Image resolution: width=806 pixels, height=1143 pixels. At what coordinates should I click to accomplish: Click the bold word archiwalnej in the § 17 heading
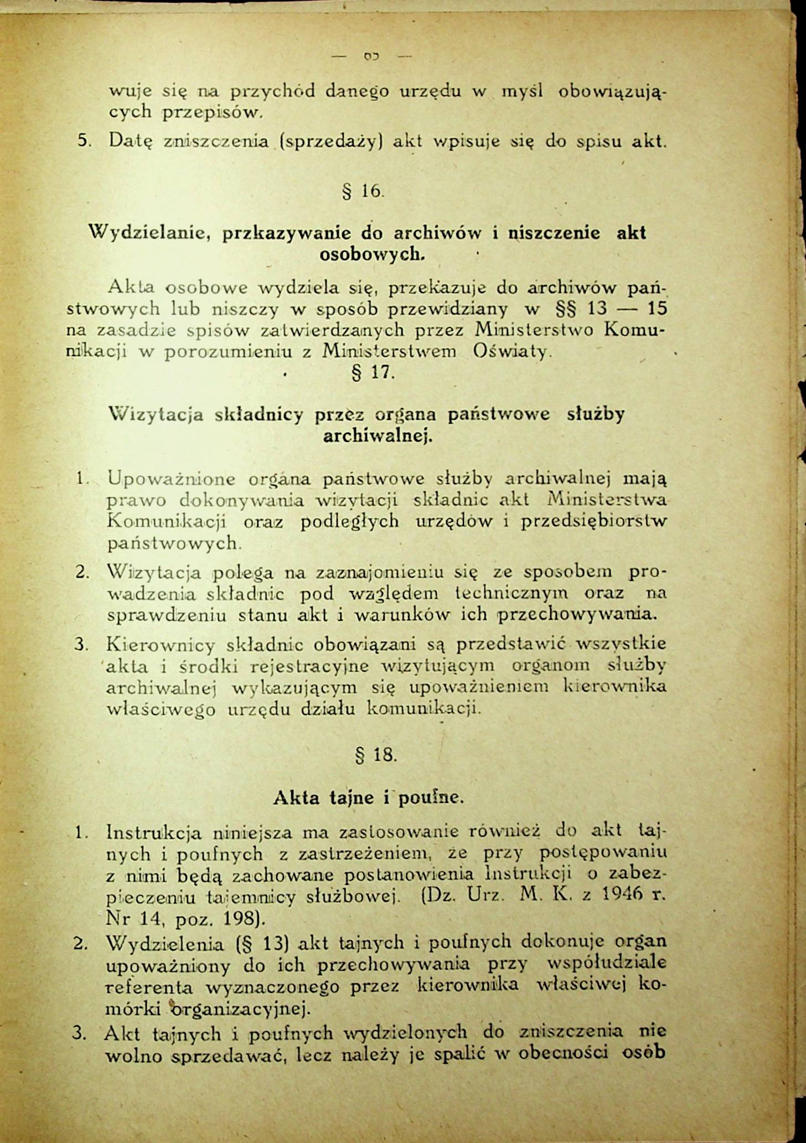377,436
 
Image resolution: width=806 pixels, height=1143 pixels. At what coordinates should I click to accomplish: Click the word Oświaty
511,351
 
